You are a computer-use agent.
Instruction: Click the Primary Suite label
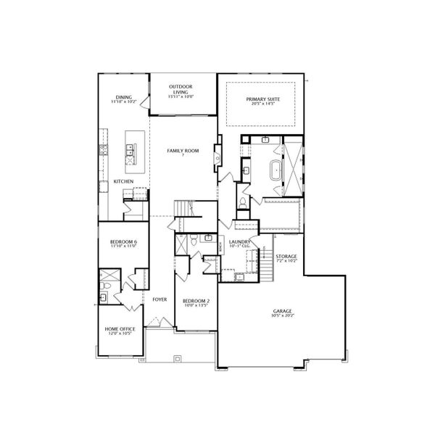pyautogui.click(x=262, y=99)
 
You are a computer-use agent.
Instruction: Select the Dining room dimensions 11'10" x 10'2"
pyautogui.click(x=123, y=103)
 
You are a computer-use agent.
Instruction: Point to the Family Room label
pyautogui.click(x=183, y=150)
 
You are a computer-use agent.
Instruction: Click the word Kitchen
pyautogui.click(x=123, y=181)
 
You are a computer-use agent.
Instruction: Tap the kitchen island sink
pyautogui.click(x=133, y=150)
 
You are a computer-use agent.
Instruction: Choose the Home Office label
pyautogui.click(x=120, y=329)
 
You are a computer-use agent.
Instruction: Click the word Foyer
pyautogui.click(x=159, y=299)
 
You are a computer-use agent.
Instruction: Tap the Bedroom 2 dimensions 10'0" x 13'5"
pyautogui.click(x=196, y=305)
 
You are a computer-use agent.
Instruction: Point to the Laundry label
pyautogui.click(x=239, y=241)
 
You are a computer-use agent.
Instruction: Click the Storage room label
pyautogui.click(x=286, y=255)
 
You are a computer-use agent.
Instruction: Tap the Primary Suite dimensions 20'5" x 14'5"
pyautogui.click(x=262, y=104)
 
